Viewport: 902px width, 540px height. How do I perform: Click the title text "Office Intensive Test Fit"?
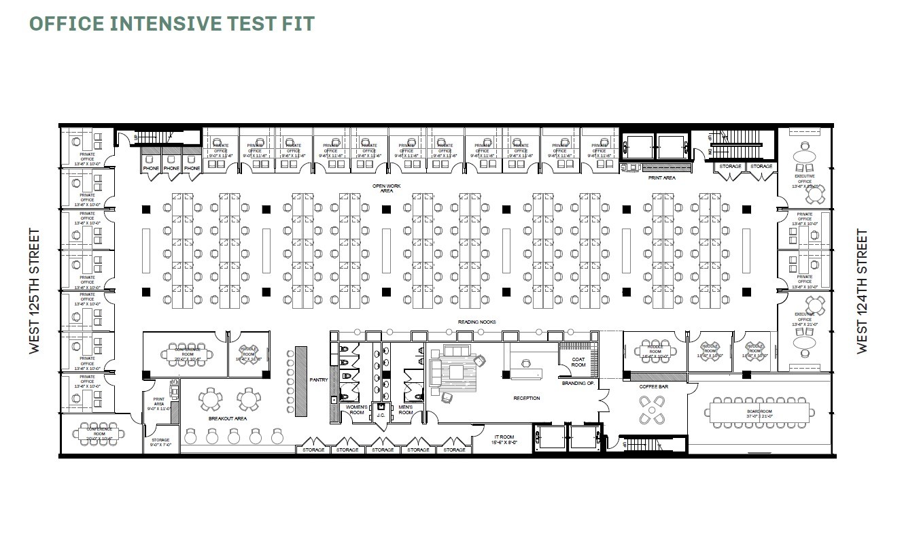171,23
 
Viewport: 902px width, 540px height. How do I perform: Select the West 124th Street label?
862,291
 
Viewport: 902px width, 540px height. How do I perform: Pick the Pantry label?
319,379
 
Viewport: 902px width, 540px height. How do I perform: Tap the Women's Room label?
357,409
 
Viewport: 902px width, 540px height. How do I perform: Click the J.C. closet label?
381,415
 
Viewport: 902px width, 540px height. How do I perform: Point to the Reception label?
526,398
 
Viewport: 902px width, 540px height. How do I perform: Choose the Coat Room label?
578,362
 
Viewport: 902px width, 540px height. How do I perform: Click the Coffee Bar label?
653,387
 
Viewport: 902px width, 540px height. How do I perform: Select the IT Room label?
504,439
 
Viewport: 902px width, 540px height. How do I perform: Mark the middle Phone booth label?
171,168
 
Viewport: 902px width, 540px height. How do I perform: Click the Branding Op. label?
578,384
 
